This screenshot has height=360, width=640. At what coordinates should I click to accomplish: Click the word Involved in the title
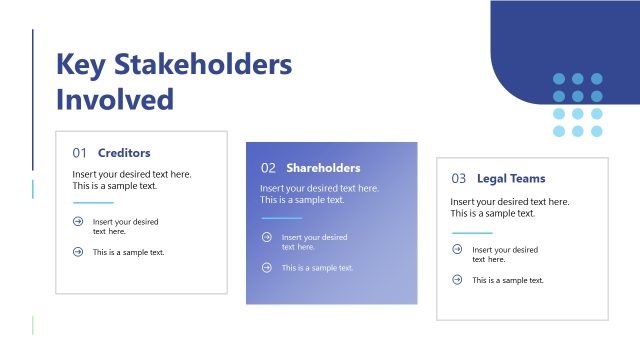(115, 99)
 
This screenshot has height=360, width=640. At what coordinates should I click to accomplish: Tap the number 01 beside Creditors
(80, 154)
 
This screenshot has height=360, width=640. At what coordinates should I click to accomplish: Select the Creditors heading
(124, 154)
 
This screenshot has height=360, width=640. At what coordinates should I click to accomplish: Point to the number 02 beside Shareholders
(268, 168)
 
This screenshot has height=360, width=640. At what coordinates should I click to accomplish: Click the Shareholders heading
(323, 168)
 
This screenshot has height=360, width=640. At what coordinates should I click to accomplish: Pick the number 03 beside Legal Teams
(459, 179)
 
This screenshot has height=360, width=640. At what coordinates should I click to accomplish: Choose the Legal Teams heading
(511, 179)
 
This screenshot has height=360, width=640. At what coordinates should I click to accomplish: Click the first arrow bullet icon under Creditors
(78, 222)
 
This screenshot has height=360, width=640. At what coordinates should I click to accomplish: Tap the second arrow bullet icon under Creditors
(78, 252)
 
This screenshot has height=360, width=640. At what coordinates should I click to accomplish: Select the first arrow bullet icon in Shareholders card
(266, 237)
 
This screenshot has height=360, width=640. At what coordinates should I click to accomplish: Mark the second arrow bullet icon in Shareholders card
(266, 267)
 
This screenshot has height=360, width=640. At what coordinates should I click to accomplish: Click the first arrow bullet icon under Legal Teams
(457, 250)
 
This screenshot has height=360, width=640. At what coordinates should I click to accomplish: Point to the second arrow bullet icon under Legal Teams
(457, 280)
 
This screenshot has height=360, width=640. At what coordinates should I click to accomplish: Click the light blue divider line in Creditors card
(93, 203)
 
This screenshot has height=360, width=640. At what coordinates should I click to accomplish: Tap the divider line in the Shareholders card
(281, 218)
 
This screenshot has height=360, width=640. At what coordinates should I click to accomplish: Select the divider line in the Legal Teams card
(472, 232)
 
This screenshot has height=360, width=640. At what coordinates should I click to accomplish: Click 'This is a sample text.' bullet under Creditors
(129, 252)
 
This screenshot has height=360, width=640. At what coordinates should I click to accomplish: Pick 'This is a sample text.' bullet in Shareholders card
(317, 268)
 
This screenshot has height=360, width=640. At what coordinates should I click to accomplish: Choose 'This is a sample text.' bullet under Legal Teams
(508, 280)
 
